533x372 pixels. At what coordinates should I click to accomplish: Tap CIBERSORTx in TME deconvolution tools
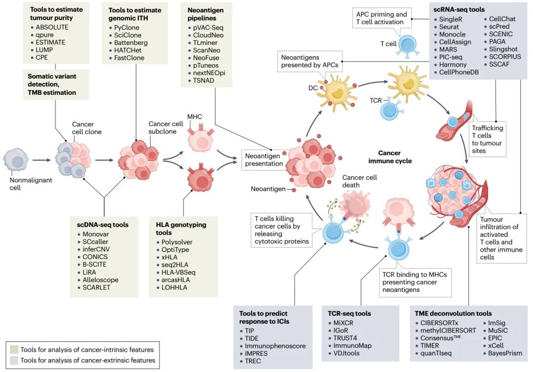pos(440,323)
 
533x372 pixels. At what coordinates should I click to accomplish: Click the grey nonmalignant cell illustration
pos(17,160)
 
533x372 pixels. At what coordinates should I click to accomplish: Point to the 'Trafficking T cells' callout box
pos(488,139)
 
